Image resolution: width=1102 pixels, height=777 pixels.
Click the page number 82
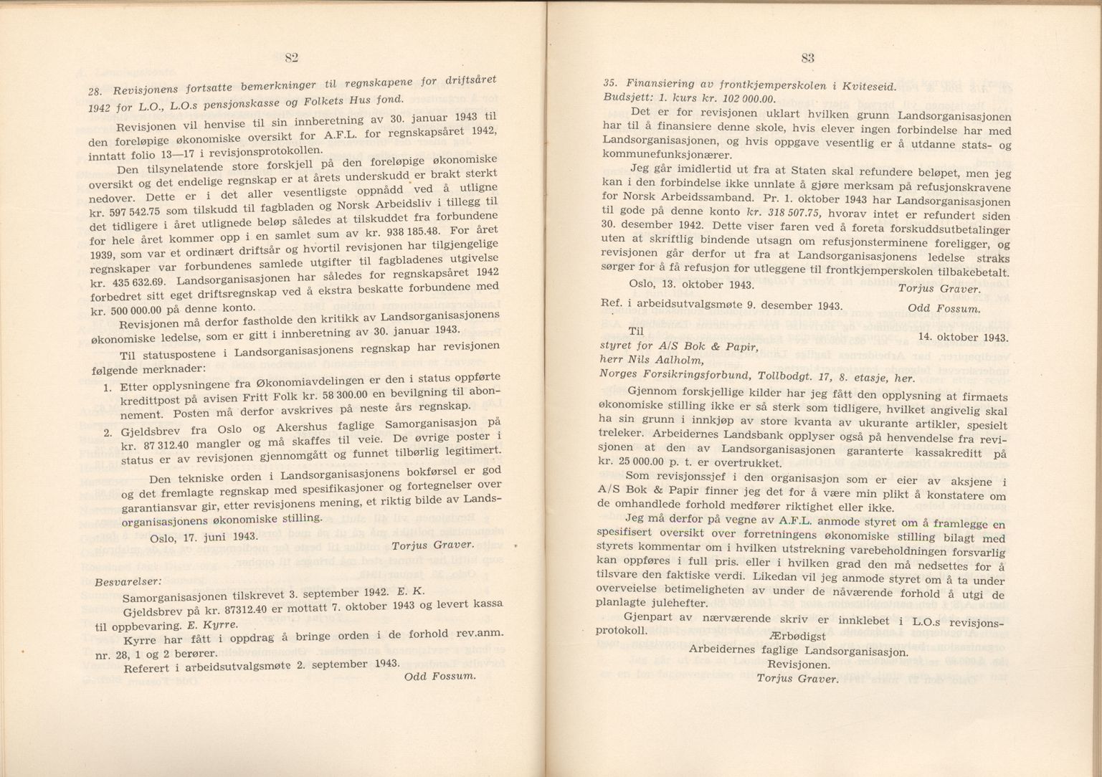tap(290, 58)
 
